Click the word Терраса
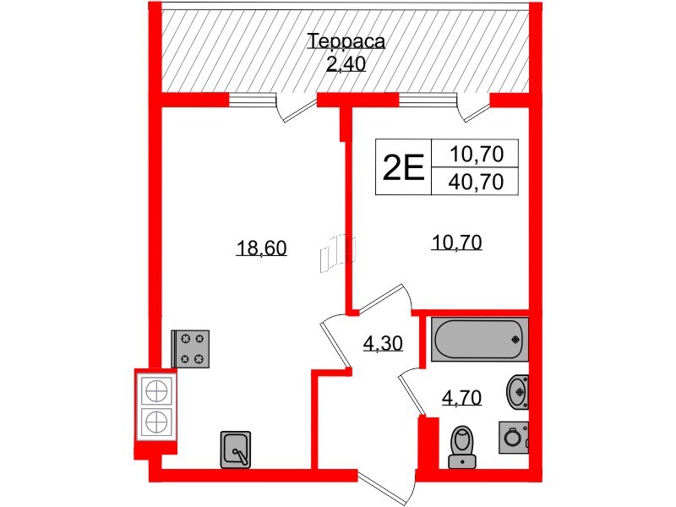pyautogui.click(x=346, y=42)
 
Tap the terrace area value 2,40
pyautogui.click(x=346, y=63)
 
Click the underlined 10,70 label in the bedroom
pyautogui.click(x=455, y=243)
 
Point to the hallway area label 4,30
pyautogui.click(x=382, y=343)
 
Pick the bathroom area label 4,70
pyautogui.click(x=462, y=396)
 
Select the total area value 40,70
pyautogui.click(x=477, y=180)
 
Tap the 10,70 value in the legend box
pyautogui.click(x=477, y=153)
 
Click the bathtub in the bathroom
pyautogui.click(x=478, y=338)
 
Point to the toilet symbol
pyautogui.click(x=462, y=443)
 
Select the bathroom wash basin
pyautogui.click(x=518, y=390)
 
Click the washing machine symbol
pyautogui.click(x=513, y=437)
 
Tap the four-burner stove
pyautogui.click(x=191, y=348)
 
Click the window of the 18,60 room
pyautogui.click(x=253, y=100)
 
